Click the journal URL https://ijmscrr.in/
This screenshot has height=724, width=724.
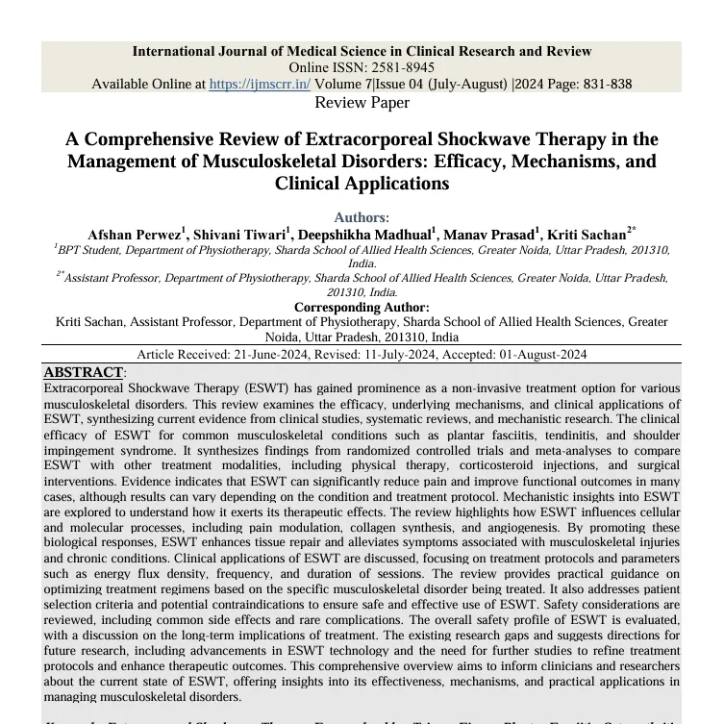(x=260, y=84)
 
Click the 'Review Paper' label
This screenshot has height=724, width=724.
(x=362, y=102)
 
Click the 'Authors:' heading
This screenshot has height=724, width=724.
(x=362, y=217)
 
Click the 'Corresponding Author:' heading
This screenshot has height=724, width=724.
(x=362, y=307)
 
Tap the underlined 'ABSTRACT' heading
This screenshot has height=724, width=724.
(x=83, y=371)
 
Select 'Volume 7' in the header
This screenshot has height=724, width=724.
(x=342, y=84)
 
